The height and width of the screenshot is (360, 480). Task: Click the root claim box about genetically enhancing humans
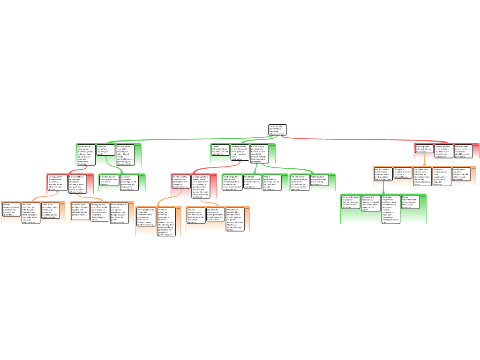tap(277, 130)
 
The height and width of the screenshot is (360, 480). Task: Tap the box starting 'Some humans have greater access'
tap(86, 155)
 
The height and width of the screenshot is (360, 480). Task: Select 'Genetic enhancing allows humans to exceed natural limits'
tap(220, 150)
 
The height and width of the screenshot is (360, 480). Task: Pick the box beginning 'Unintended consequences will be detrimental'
tap(253, 181)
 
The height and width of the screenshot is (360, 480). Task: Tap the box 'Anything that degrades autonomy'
tap(461, 174)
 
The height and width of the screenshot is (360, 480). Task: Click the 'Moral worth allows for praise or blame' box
tap(351, 202)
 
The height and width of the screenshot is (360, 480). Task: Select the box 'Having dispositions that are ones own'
tap(410, 202)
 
